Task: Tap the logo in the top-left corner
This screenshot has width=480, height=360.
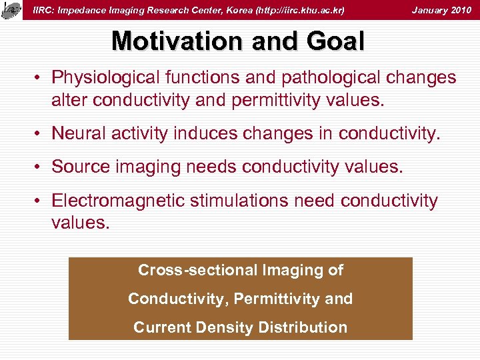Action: tap(11, 10)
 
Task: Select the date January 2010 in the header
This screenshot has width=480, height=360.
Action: tap(441, 10)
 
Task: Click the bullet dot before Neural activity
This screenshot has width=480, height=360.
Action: tap(41, 135)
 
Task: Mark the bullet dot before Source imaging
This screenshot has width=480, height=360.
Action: tap(41, 167)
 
